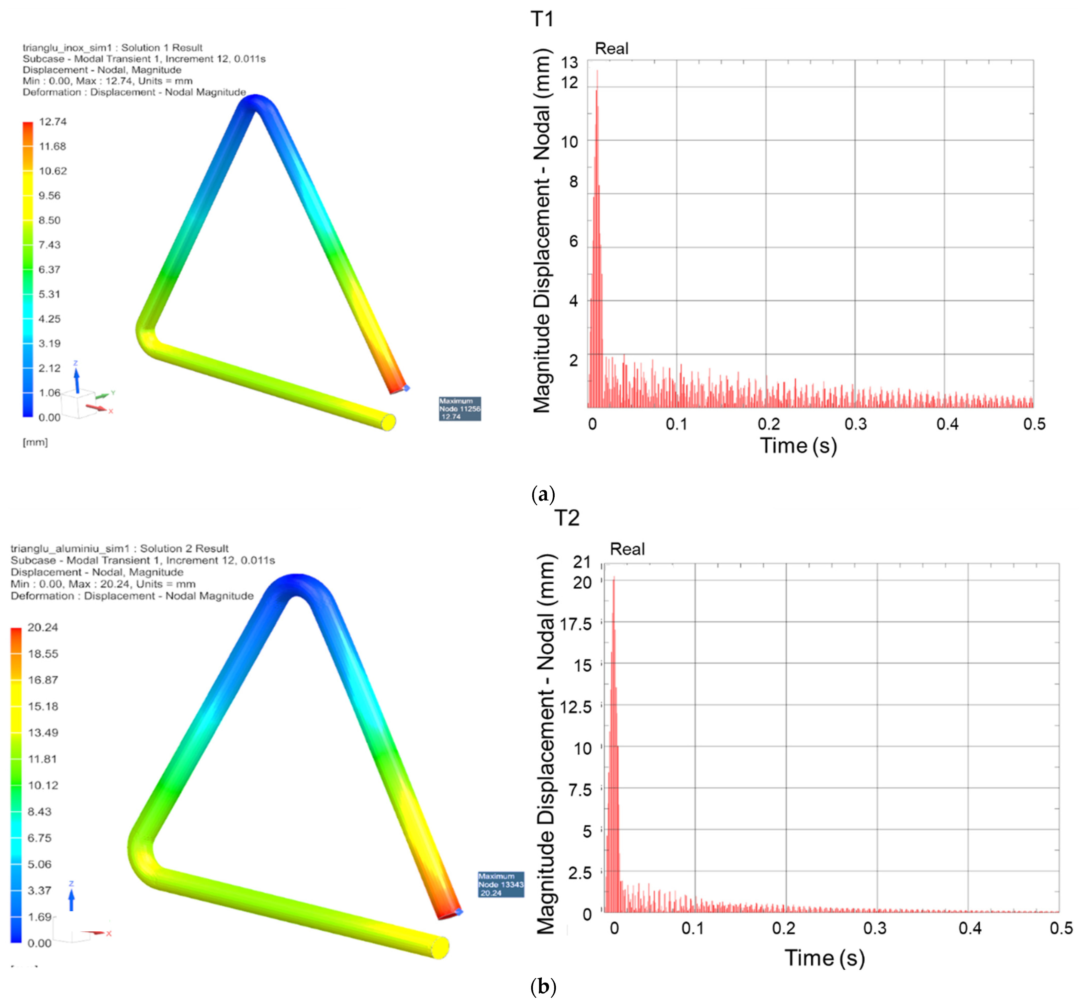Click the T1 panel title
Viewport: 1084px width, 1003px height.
542,19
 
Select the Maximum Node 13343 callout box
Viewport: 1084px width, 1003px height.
500,884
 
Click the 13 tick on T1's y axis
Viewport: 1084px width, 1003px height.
569,63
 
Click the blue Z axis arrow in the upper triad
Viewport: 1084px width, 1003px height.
76,380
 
